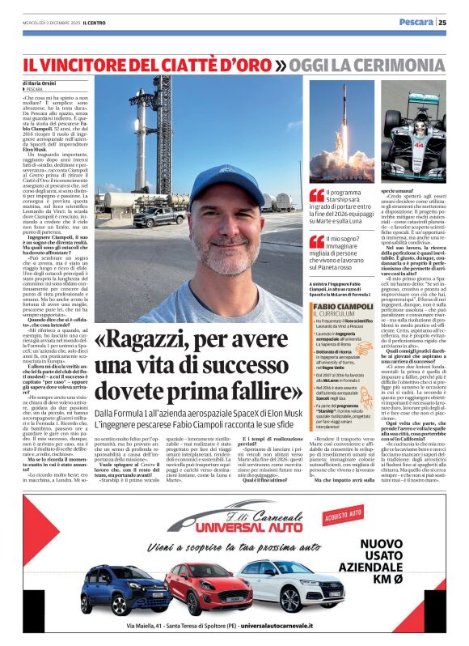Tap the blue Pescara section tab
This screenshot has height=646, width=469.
point(416,23)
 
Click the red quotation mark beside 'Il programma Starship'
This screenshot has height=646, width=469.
point(317,194)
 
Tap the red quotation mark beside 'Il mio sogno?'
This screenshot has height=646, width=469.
point(317,240)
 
